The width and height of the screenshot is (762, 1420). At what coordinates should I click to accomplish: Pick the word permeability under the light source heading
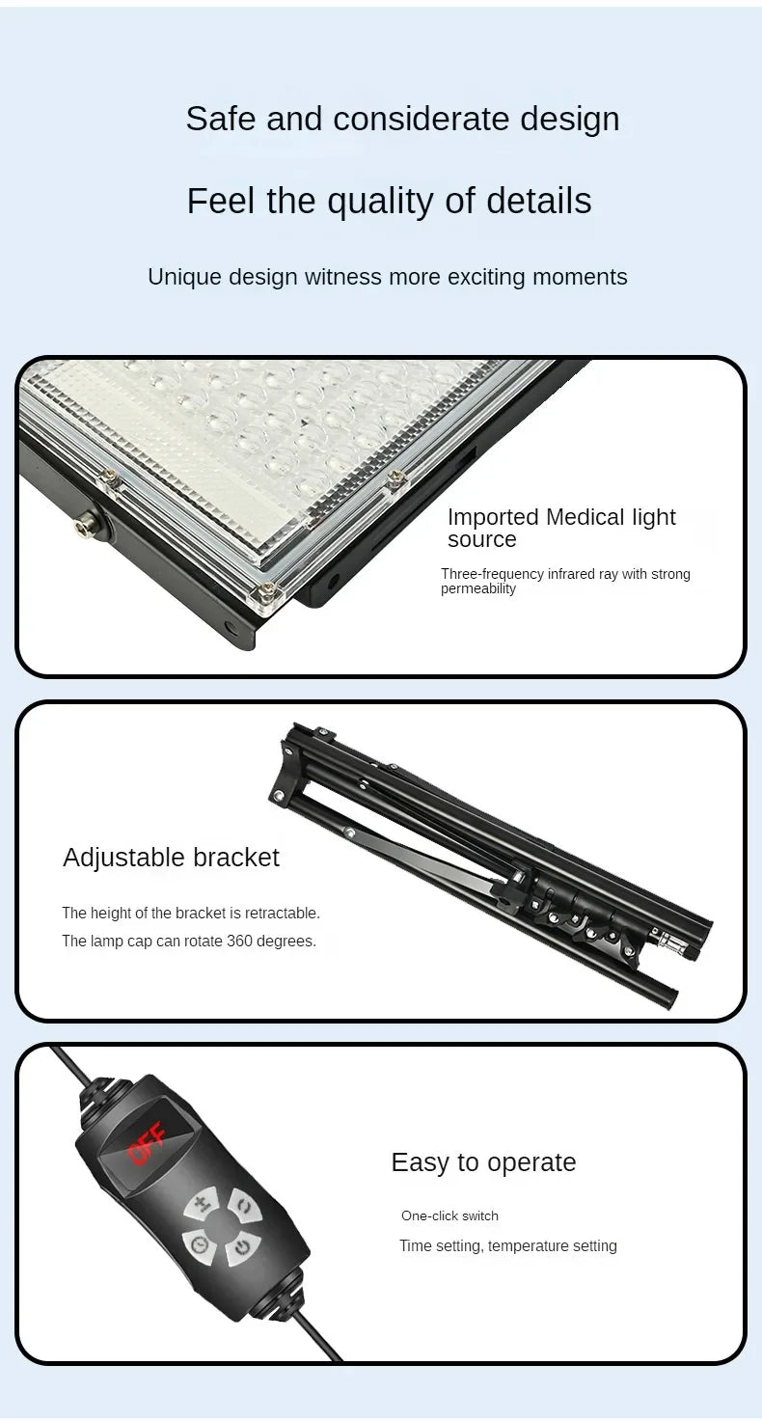[x=478, y=589]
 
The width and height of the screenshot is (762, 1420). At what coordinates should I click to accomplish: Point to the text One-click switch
[x=449, y=1215]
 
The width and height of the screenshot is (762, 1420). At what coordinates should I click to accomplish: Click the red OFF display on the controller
[x=147, y=1142]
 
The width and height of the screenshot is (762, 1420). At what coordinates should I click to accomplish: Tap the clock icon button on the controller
[x=200, y=1245]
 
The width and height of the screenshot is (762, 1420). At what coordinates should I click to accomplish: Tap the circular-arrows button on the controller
[x=242, y=1205]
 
